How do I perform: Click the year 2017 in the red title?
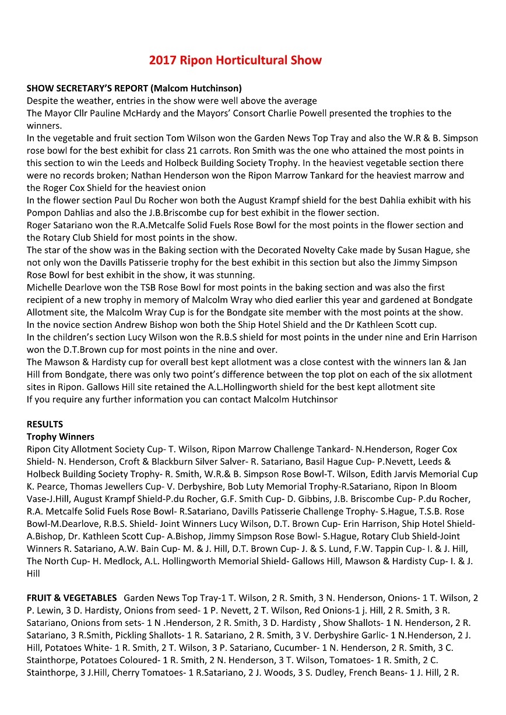(162, 60)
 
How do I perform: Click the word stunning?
(232, 275)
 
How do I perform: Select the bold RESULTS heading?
(45, 424)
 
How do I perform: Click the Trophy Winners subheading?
(61, 437)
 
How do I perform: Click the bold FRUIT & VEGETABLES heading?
(72, 598)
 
